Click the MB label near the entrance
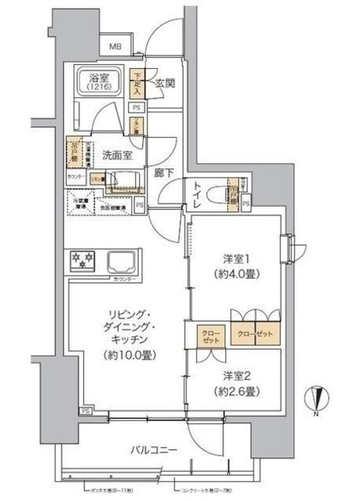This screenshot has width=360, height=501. pyautogui.click(x=115, y=48)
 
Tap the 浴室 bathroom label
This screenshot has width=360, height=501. pyautogui.click(x=99, y=77)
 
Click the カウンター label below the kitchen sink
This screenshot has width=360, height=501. pyautogui.click(x=125, y=279)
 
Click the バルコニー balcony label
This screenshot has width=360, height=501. pyautogui.click(x=156, y=450)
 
